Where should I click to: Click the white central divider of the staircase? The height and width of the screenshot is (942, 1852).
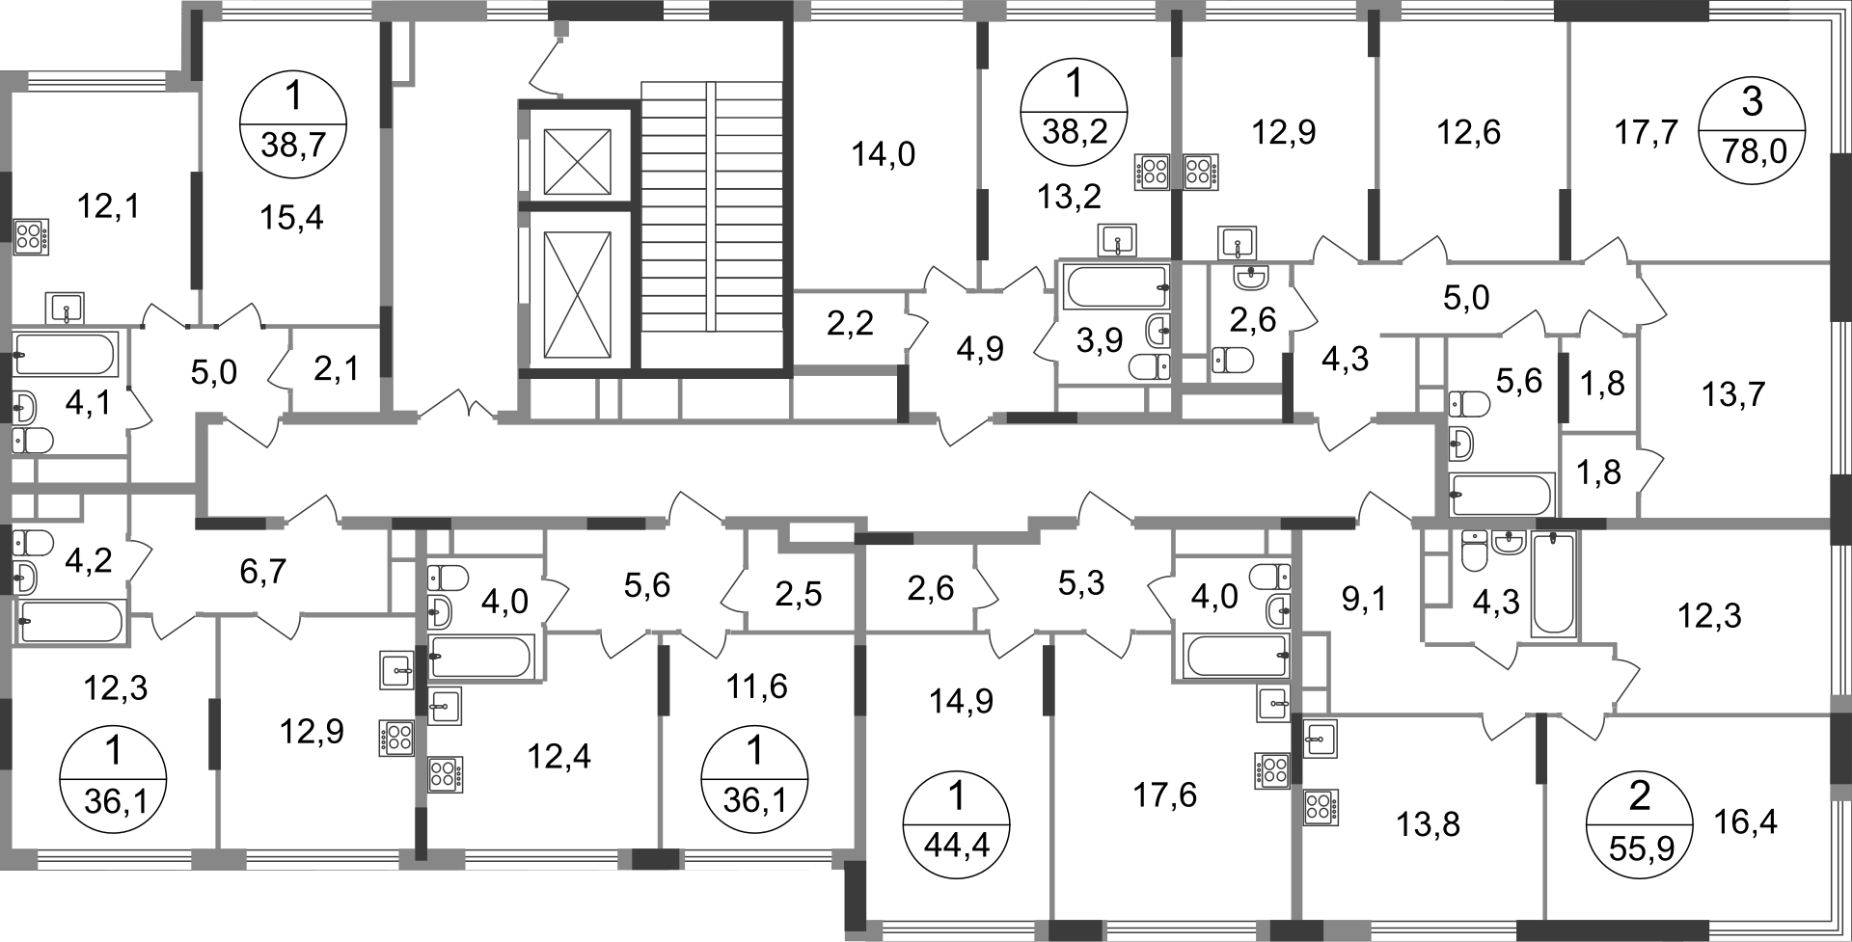pyautogui.click(x=710, y=206)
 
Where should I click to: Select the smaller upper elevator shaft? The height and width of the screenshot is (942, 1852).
pyautogui.click(x=576, y=159)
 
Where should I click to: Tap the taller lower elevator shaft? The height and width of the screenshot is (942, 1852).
pyautogui.click(x=576, y=293)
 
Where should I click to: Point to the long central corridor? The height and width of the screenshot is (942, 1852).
pyautogui.click(x=810, y=472)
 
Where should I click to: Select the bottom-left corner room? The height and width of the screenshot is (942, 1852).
pyautogui.click(x=111, y=752)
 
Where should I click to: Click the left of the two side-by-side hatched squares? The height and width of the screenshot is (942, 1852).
pyautogui.click(x=1148, y=170)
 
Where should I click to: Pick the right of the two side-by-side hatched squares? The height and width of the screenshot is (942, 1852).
pyautogui.click(x=1201, y=170)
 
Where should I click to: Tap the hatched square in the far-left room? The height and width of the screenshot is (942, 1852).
pyautogui.click(x=34, y=234)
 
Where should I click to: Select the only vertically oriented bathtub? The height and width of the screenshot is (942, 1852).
pyautogui.click(x=1551, y=583)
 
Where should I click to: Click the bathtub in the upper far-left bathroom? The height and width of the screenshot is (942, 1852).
pyautogui.click(x=66, y=354)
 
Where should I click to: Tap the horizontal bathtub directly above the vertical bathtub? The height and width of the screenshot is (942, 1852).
pyautogui.click(x=1503, y=493)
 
